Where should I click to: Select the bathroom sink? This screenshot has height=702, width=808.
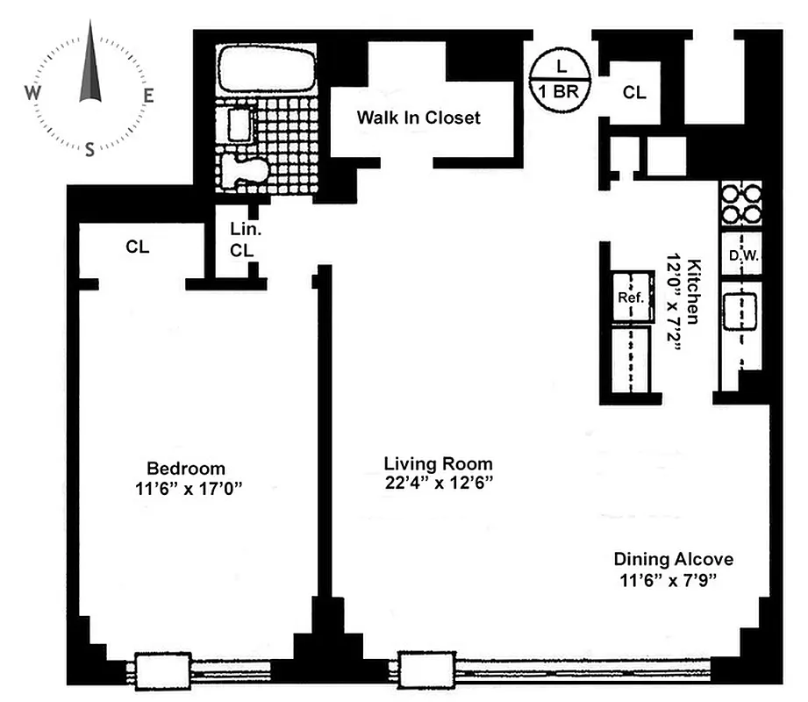pyautogui.click(x=240, y=123)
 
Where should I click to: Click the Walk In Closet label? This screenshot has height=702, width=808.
pyautogui.click(x=418, y=118)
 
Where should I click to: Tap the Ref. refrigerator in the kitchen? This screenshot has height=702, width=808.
pyautogui.click(x=631, y=297)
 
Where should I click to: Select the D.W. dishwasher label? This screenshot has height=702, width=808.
pyautogui.click(x=741, y=256)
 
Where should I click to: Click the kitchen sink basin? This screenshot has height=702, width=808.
pyautogui.click(x=740, y=308)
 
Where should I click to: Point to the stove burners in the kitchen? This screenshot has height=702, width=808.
pyautogui.click(x=740, y=204)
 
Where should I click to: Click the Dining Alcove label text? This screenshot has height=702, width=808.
pyautogui.click(x=673, y=559)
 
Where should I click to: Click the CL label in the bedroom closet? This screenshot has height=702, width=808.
pyautogui.click(x=136, y=247)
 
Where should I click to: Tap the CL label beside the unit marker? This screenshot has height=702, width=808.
pyautogui.click(x=634, y=91)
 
